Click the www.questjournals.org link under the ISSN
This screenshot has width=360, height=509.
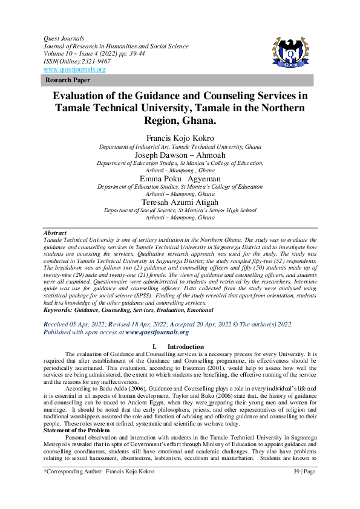point(74,70)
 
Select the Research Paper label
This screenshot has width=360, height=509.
point(68,80)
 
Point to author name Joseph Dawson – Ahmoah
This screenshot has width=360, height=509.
point(180,154)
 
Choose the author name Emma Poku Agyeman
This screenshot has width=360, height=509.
point(180,178)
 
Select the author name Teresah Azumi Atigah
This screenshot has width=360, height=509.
point(180,202)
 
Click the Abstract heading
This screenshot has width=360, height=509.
point(55,233)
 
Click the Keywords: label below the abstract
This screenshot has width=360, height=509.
point(58,310)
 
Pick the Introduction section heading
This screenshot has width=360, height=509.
point(186,346)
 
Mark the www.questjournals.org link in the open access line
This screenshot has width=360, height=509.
point(157,332)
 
